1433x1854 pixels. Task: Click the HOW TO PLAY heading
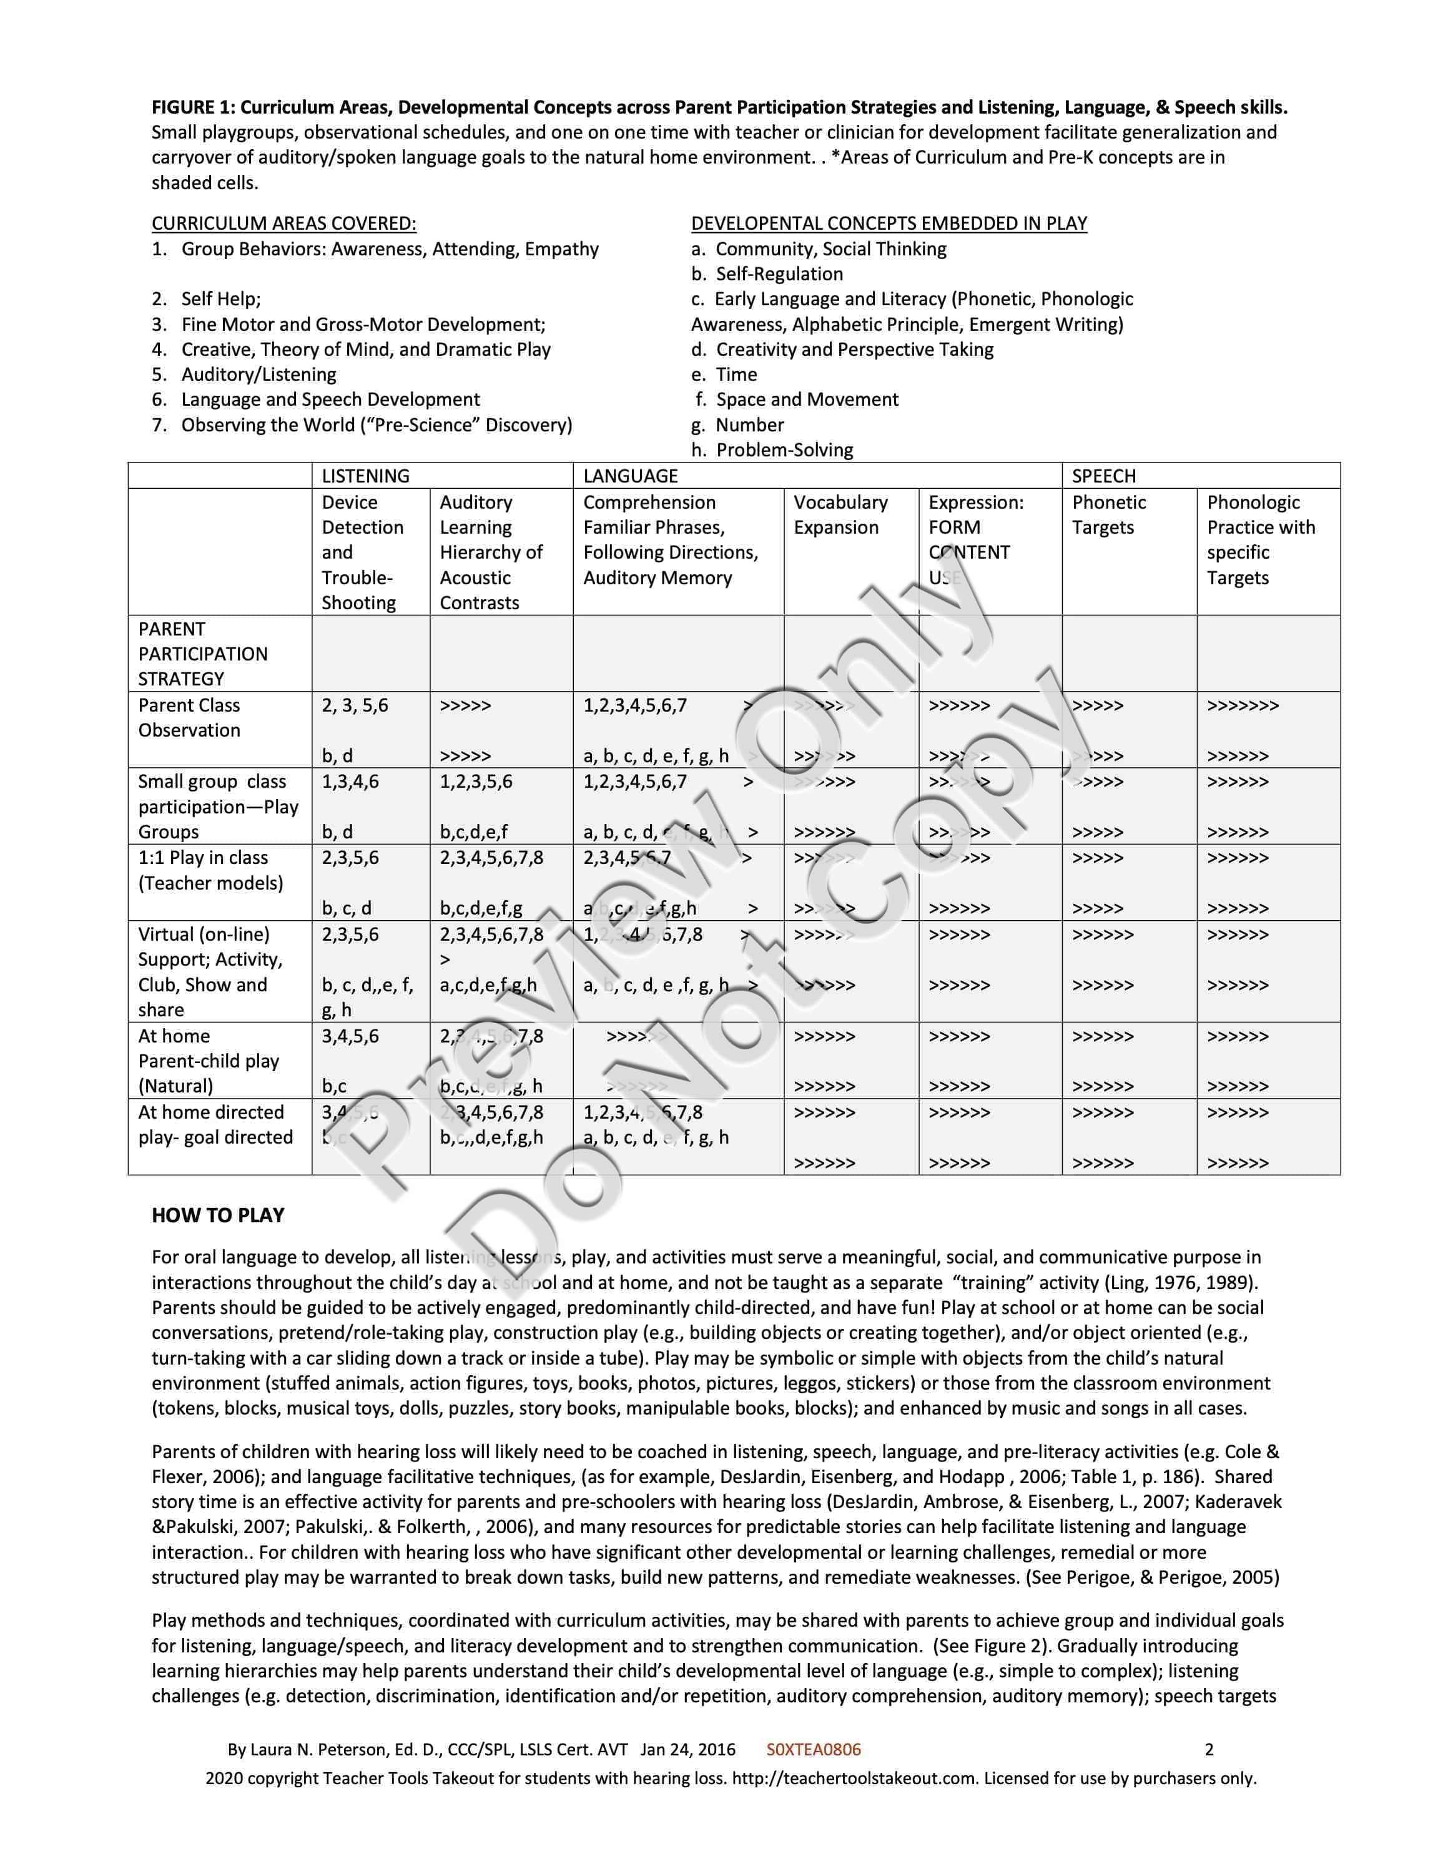(217, 1215)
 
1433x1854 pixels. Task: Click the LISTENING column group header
(365, 476)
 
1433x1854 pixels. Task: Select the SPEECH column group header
(1103, 476)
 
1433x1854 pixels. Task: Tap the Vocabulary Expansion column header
(840, 514)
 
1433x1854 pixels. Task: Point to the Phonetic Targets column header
(1109, 514)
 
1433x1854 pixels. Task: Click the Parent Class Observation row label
(189, 717)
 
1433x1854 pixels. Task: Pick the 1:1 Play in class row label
(210, 870)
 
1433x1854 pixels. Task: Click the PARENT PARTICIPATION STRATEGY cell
(203, 654)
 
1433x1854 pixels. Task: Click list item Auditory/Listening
(258, 375)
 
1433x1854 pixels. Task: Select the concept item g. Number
(737, 424)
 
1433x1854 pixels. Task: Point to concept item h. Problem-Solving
(772, 450)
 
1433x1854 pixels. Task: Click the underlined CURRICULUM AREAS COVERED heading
(283, 223)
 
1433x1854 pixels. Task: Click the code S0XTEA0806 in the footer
(813, 1749)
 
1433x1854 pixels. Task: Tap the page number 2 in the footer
(1209, 1749)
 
